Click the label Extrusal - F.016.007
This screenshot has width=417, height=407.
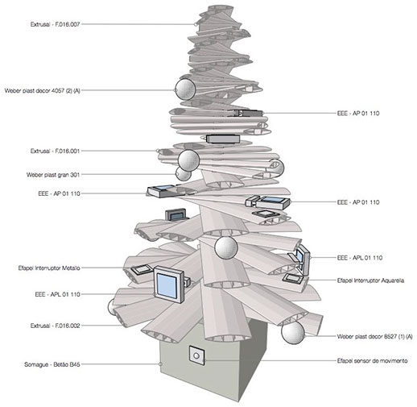click(x=55, y=24)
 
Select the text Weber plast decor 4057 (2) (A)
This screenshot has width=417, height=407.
click(x=43, y=91)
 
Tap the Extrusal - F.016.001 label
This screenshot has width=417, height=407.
click(x=55, y=151)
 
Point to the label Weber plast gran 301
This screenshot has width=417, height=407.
click(x=53, y=175)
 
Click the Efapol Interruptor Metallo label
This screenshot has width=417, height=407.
click(x=49, y=268)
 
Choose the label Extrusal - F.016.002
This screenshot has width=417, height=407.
click(x=55, y=326)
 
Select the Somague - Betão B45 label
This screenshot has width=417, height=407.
click(x=52, y=364)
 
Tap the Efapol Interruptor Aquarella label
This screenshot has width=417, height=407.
click(x=370, y=280)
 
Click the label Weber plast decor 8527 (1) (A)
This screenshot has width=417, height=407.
click(x=374, y=336)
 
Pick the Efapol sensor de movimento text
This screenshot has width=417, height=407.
click(x=372, y=361)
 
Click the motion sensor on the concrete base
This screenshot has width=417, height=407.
click(x=196, y=355)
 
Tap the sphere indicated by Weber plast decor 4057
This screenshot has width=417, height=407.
click(x=185, y=89)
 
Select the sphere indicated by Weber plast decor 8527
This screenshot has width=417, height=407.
click(x=293, y=333)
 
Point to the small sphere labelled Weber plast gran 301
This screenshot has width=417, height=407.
click(x=183, y=174)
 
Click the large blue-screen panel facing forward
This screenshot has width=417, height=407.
click(x=168, y=284)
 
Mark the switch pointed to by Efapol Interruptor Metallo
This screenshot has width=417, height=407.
click(x=142, y=269)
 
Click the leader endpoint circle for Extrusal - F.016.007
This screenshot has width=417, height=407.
click(x=196, y=24)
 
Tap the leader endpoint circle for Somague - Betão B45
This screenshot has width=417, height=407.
click(x=160, y=364)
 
